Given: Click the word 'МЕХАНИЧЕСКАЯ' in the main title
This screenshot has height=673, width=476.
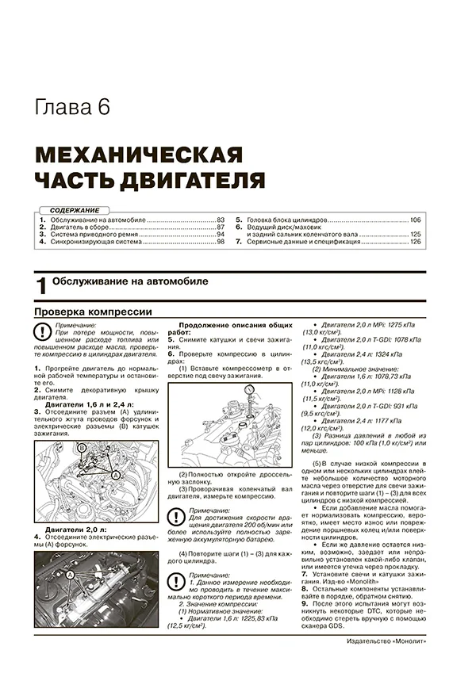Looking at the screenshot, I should [x=140, y=154].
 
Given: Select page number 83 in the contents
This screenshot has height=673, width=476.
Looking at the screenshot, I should [x=221, y=218].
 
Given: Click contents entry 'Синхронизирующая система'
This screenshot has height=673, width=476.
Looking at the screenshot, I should [x=95, y=242].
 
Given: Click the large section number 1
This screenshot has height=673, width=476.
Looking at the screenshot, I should [x=41, y=287].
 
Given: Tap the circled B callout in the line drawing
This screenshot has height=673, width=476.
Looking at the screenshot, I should [x=81, y=449].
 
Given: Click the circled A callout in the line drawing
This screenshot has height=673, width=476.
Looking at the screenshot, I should [x=116, y=474].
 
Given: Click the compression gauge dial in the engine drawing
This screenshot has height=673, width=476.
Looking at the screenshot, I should [x=250, y=390].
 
